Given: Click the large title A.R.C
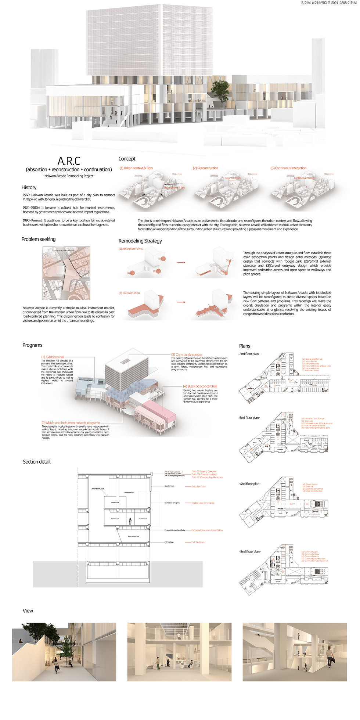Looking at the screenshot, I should pos(69,161).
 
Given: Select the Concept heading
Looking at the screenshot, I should pos(127,159).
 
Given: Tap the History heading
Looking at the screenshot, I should pos(29,187).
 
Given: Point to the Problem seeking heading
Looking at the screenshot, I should pos(38,239).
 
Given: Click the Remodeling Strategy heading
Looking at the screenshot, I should pos(140,241).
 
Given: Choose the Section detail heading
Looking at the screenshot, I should pos(36,462).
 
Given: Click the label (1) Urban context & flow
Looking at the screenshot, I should pos(136,168).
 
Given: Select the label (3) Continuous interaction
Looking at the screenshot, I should pos(288,168).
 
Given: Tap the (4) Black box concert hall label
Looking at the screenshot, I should pos(200,386).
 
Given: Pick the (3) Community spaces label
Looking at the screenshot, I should pos(187,354).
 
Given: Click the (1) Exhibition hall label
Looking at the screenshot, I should pos(53,357).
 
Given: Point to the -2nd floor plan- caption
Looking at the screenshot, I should pos(249,354).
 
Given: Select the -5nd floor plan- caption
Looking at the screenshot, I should pos(249,552).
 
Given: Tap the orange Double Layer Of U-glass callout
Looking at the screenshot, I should pos(203,503).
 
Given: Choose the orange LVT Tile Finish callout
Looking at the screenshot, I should pos(198,542).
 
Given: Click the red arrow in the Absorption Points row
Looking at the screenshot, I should pos(181,263).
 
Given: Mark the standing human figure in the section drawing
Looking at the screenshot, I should pos(130,521).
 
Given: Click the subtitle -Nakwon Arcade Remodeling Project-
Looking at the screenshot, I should pos(69,176).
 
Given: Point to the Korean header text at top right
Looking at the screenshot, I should pos(329,3).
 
